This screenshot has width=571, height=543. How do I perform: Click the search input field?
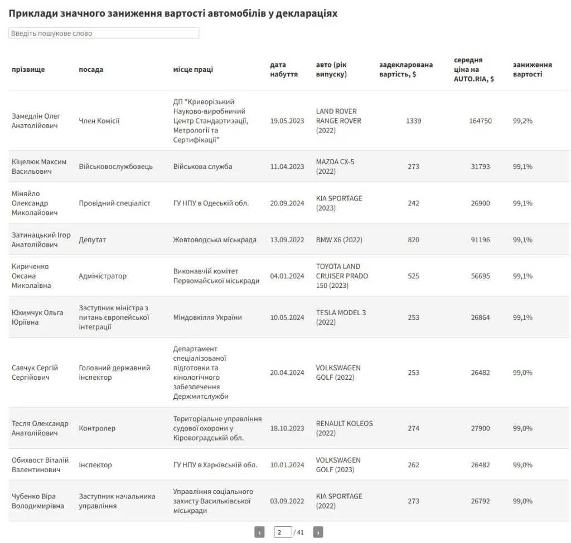(x=104, y=33)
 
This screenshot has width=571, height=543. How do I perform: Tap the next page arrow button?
(x=318, y=532)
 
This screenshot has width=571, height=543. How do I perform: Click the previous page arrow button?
(x=259, y=532)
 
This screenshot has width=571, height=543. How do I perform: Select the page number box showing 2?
(x=283, y=532)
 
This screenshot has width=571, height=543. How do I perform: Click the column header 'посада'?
(x=91, y=70)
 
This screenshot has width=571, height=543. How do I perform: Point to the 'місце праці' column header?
(x=193, y=70)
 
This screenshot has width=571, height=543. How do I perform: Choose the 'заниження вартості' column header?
(x=533, y=70)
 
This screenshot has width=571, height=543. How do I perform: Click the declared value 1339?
(x=413, y=121)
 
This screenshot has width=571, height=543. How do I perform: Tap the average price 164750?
(x=481, y=121)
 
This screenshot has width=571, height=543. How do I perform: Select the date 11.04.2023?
(x=287, y=167)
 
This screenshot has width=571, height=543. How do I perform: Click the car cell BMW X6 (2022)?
(x=339, y=240)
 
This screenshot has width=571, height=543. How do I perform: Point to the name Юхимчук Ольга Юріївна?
(x=37, y=317)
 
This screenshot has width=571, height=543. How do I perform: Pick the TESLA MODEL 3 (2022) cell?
(x=341, y=317)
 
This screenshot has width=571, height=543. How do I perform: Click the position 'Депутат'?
(x=92, y=240)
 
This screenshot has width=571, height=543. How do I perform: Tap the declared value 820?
(x=413, y=240)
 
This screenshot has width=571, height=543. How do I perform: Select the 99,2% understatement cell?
(x=522, y=121)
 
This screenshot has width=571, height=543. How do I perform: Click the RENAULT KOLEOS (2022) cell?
(x=344, y=428)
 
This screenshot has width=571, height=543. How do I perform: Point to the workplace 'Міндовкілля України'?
(x=207, y=317)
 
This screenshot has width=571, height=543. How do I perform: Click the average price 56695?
(x=481, y=276)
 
